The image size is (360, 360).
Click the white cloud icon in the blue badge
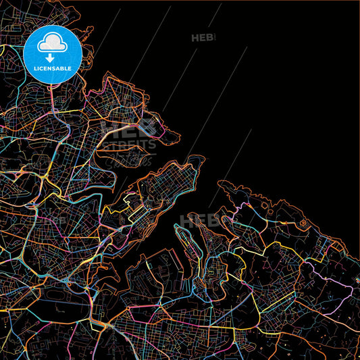[x=52, y=44]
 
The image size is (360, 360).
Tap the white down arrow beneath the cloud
[x=52, y=58]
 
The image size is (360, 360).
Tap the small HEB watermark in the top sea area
[x=203, y=38]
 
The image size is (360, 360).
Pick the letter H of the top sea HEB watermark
[x=195, y=38]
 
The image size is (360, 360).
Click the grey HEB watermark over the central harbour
[x=197, y=220]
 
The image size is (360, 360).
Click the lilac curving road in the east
[x=317, y=270]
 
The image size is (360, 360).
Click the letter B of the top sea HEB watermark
[x=210, y=38]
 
